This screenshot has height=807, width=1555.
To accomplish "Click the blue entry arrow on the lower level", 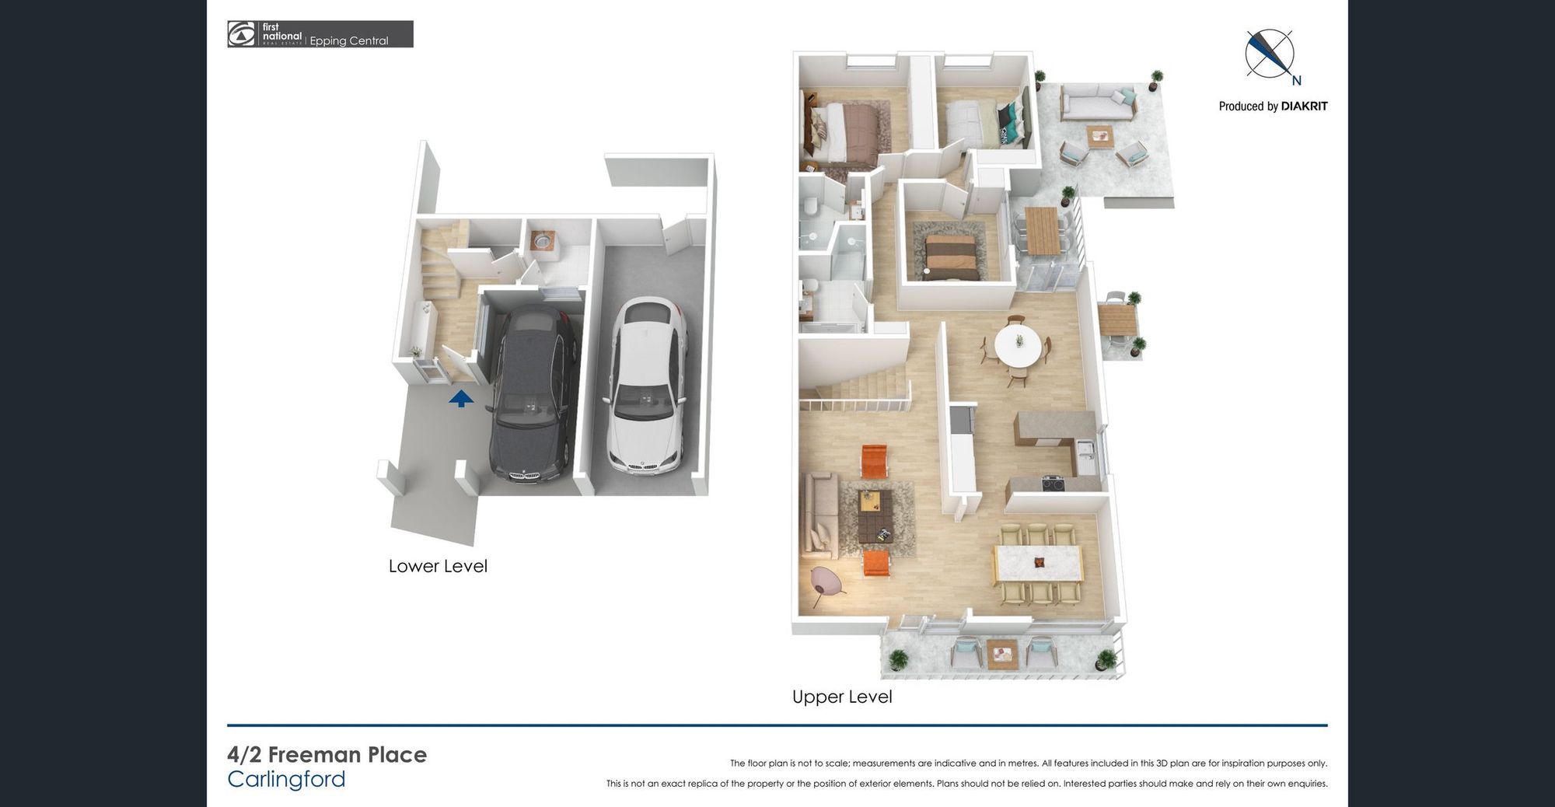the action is point(461,399).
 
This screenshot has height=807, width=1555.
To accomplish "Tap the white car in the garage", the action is point(647,386).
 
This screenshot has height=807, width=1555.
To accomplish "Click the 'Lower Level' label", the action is point(438,566).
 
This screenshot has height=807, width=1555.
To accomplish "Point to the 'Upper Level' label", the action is point(842,697).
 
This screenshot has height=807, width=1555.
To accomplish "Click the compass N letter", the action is point(1296,80).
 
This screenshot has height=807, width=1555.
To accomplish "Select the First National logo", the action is point(320,34).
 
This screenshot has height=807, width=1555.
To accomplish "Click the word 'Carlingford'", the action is point(286,779).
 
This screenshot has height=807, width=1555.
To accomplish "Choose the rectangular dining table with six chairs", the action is point(1038,564).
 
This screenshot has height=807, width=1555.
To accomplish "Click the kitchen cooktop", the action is point(1054,484).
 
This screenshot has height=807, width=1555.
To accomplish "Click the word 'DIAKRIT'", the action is point(1304,107).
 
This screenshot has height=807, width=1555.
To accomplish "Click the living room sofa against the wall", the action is point(819,513).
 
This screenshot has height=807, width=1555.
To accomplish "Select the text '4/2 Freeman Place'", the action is point(327,755).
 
